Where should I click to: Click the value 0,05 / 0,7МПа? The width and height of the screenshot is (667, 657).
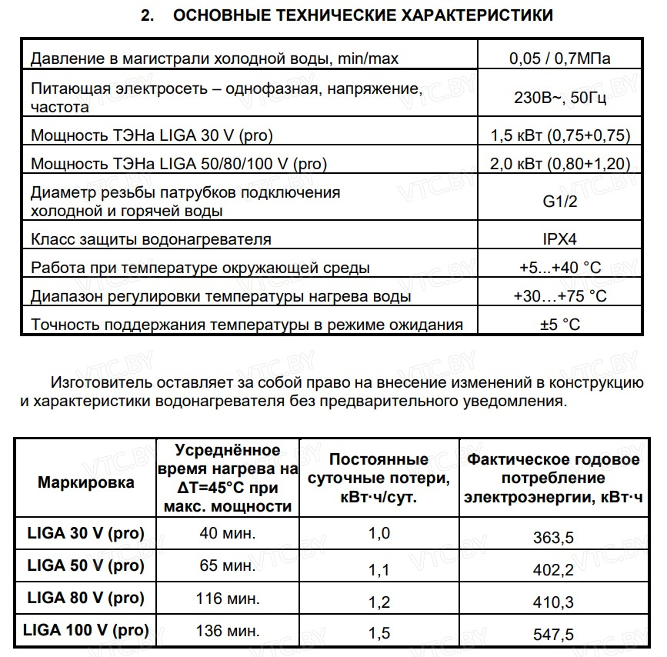tap(559, 58)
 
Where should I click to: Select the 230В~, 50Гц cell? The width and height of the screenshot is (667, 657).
tap(559, 98)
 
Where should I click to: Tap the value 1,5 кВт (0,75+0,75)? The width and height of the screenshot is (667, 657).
tap(559, 136)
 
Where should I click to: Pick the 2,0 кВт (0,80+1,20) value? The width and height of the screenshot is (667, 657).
tap(559, 164)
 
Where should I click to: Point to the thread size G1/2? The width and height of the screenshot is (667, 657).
tap(559, 202)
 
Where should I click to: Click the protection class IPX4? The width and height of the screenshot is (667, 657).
tap(559, 239)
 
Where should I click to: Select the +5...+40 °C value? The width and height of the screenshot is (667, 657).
tap(559, 268)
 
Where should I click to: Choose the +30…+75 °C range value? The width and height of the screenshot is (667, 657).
tap(559, 296)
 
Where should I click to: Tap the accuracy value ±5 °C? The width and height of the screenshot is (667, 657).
tap(559, 324)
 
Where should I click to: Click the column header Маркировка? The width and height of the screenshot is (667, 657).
tap(85, 482)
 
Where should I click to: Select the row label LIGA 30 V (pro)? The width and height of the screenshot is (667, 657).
tap(85, 533)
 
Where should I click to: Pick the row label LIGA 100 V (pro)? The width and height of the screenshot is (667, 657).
tap(85, 631)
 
